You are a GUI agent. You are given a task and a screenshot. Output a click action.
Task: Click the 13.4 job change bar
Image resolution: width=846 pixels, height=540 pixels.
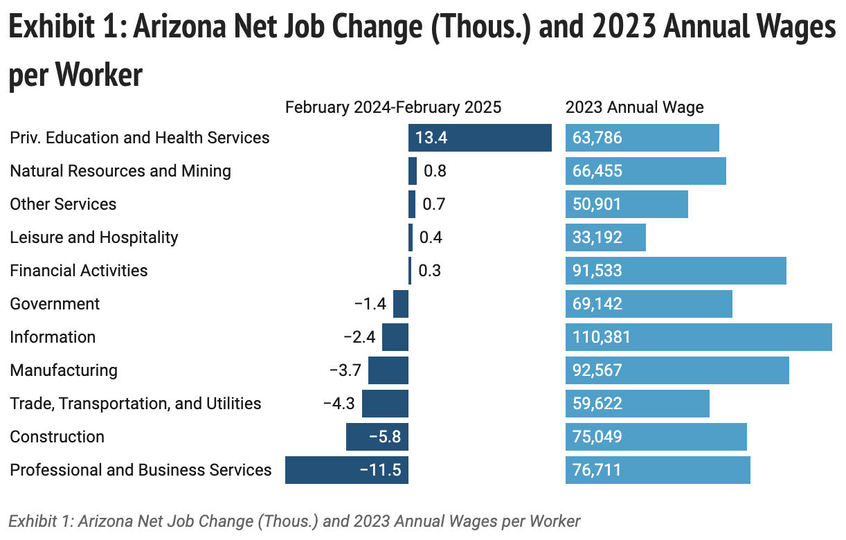tap(480, 138)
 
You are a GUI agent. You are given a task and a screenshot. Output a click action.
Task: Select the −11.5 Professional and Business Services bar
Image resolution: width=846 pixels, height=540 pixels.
tap(346, 470)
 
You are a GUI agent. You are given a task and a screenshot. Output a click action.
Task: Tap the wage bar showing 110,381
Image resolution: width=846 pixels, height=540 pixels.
tap(699, 337)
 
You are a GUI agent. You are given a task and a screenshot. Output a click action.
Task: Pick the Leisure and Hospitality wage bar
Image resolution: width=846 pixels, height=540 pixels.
tap(605, 237)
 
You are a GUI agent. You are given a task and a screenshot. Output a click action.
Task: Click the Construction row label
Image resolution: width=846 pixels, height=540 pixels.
tap(57, 437)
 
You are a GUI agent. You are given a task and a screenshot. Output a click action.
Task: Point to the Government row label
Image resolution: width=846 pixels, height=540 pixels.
tap(55, 304)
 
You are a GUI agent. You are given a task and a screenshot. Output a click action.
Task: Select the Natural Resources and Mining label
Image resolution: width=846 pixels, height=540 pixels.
tap(120, 171)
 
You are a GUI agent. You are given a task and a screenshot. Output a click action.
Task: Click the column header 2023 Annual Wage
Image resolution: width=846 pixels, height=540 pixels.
tap(634, 107)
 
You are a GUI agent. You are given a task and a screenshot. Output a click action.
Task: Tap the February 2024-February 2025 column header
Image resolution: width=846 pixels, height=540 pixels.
tap(393, 107)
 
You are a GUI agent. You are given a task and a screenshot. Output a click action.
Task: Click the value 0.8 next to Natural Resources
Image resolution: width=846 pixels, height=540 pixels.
tap(435, 171)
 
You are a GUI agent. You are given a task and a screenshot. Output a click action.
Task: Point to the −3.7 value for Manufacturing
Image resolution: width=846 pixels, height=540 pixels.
tap(345, 370)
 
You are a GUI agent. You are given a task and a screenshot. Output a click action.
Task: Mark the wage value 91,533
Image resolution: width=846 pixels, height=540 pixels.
tap(597, 271)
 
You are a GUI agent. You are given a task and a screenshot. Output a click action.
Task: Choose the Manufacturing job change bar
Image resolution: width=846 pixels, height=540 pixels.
tap(388, 370)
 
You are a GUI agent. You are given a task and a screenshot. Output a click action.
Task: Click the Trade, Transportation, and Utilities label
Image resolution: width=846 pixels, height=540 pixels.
tap(136, 404)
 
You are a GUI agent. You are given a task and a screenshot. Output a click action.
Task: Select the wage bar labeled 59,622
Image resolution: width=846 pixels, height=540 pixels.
tap(637, 404)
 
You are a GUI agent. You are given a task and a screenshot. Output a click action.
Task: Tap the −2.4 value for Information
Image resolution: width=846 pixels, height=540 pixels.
tap(359, 337)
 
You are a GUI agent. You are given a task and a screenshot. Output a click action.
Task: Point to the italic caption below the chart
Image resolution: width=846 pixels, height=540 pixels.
tap(294, 521)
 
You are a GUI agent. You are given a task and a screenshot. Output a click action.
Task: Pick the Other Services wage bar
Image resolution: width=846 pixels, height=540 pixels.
tap(627, 204)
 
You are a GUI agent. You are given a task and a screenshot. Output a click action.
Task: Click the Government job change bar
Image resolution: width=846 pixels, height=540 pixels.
tap(401, 304)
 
